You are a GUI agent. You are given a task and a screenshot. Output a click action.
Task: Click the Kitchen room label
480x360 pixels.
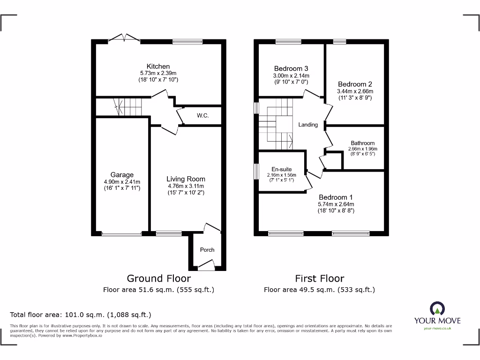pos(158,66)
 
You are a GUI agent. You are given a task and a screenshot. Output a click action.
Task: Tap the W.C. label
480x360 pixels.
pos(202,115)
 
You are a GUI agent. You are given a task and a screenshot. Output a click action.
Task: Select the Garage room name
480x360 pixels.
pos(122,175)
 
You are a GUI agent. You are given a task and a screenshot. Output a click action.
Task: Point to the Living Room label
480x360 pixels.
pos(186,179)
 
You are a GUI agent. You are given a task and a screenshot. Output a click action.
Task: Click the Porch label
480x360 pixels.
pos(207,249)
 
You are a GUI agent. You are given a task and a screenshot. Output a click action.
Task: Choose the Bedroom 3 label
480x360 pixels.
pos(291,68)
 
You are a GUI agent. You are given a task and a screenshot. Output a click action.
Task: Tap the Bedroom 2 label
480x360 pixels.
pos(355,84)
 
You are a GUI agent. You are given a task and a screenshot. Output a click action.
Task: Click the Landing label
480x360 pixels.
pos(308,125)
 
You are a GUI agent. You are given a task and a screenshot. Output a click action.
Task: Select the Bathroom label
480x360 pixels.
pos(363,143)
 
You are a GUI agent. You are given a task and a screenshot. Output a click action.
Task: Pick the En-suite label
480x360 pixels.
pos(282,169)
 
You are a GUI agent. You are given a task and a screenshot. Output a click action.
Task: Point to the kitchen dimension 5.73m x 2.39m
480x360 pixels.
pos(158,74)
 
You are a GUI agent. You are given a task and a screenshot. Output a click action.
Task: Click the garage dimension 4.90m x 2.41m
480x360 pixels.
pos(122,182)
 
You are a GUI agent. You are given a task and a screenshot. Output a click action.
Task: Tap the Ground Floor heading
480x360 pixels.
pos(158,278)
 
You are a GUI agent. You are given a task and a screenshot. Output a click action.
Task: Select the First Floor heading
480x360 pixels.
pos(319,278)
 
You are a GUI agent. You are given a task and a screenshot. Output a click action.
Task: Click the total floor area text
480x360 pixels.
pos(81,315)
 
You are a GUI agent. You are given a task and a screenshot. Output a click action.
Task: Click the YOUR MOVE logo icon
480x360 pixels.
pos(437,308)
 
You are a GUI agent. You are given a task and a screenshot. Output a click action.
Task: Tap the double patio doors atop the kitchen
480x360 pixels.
pos(124,39)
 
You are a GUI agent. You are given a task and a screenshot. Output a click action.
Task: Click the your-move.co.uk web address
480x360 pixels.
pos(437,328)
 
